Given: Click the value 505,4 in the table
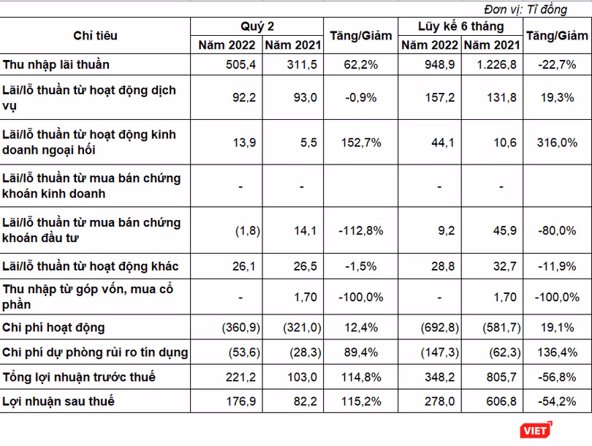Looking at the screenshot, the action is tap(240, 64).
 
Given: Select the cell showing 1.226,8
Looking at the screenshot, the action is tap(496, 64).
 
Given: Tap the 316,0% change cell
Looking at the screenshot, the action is tap(557, 143).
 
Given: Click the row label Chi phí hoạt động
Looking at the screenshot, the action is tap(53, 328).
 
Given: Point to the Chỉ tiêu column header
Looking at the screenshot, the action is tap(95, 36).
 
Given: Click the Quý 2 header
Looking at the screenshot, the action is tap(257, 26).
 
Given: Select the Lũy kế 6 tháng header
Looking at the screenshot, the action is tap(460, 26).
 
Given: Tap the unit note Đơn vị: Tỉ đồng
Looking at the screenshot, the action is tap(525, 9).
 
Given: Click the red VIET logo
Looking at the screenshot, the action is tap(536, 430).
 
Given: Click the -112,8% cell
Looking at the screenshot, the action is tap(361, 230).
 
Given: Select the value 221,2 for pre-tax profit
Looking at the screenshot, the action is tap(240, 377).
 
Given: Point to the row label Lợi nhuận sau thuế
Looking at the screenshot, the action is tap(58, 401).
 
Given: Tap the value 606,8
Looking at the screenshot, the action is tap(501, 401).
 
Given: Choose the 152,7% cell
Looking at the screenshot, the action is tap(361, 143).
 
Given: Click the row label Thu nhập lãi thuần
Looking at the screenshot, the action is tap(56, 64).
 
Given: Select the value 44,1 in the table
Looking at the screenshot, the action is tap(443, 143).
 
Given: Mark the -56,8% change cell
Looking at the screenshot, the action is tap(557, 377).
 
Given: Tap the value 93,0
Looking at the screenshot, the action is tap(306, 97).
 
